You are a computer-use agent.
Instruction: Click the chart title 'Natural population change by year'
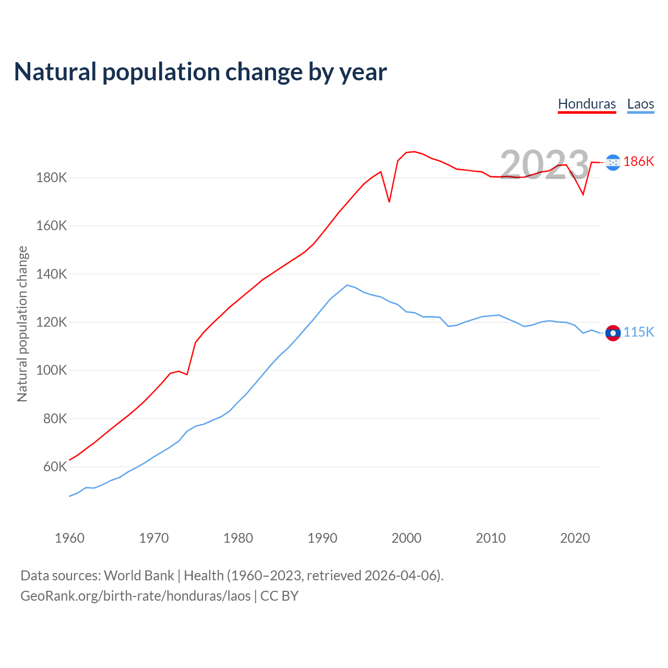click(200, 72)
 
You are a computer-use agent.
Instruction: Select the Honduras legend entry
click(587, 104)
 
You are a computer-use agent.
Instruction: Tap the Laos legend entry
click(640, 104)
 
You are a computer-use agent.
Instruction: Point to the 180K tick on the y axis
click(52, 178)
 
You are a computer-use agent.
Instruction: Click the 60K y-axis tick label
click(55, 467)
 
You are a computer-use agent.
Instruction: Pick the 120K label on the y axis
click(52, 323)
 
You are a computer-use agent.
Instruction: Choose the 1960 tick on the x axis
click(69, 538)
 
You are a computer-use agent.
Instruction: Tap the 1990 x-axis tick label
click(323, 538)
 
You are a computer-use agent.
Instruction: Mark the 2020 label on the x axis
click(575, 538)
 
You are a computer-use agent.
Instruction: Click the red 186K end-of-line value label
click(638, 161)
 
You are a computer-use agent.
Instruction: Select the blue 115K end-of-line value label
click(638, 332)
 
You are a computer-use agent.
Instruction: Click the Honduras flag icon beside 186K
click(613, 162)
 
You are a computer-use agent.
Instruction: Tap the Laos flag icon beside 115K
click(613, 332)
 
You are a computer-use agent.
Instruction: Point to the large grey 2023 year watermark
click(544, 165)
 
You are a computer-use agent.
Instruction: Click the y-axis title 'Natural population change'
click(22, 324)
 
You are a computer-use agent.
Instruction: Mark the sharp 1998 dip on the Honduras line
click(389, 201)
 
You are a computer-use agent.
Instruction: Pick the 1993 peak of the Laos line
click(347, 285)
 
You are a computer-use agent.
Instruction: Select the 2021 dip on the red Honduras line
click(583, 195)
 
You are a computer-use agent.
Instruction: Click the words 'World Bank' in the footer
click(139, 576)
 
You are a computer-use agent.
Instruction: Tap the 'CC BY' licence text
click(279, 596)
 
